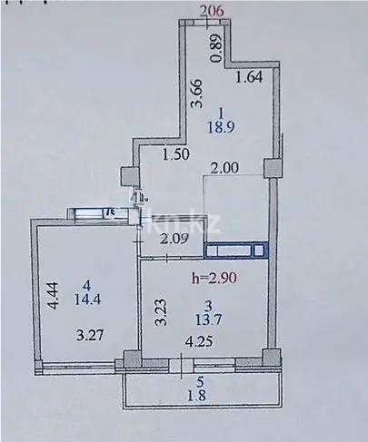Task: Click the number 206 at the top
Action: tap(211, 11)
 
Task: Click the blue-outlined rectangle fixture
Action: tap(236, 250)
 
